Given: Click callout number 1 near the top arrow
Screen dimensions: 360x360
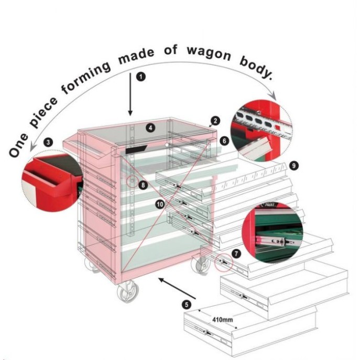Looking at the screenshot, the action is [x=141, y=77].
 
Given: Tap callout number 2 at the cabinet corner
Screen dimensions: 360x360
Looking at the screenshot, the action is [x=215, y=121].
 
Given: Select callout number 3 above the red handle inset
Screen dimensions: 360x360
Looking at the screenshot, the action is [x=48, y=143].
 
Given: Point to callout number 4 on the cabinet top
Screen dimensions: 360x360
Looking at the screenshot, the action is [x=150, y=128].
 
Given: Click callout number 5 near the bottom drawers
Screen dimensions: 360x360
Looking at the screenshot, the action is [x=187, y=305].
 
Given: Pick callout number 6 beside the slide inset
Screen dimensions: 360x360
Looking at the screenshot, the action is [x=224, y=140].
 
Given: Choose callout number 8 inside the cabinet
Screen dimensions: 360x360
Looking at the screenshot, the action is [x=143, y=185].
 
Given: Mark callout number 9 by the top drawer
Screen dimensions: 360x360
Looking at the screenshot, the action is [x=294, y=166].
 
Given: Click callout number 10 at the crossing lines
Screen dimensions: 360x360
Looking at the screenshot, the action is [x=160, y=204].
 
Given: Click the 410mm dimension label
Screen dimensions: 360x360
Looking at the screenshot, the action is [x=222, y=320].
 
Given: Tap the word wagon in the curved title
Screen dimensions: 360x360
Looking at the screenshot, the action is [x=209, y=54].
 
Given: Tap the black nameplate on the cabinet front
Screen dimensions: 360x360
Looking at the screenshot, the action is [x=136, y=149].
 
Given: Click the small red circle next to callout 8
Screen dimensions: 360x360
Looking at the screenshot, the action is [x=132, y=181].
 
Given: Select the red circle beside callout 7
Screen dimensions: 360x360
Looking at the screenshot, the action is [x=224, y=263].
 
